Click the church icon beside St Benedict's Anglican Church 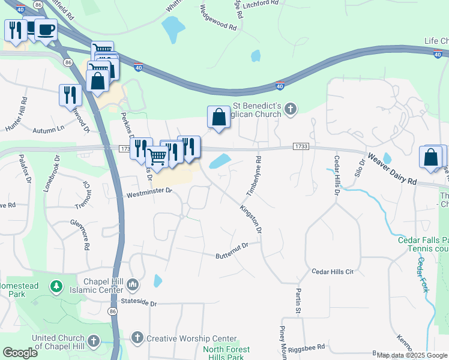point(291,109)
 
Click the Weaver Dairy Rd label point(392,170)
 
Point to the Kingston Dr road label point(251,220)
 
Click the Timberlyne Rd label point(254,176)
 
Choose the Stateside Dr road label point(138,304)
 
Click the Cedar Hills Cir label point(333,271)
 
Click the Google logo point(20,353)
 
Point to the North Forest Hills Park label point(226,353)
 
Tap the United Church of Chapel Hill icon point(93,341)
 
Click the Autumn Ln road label point(48,130)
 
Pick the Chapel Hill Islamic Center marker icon point(133,283)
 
